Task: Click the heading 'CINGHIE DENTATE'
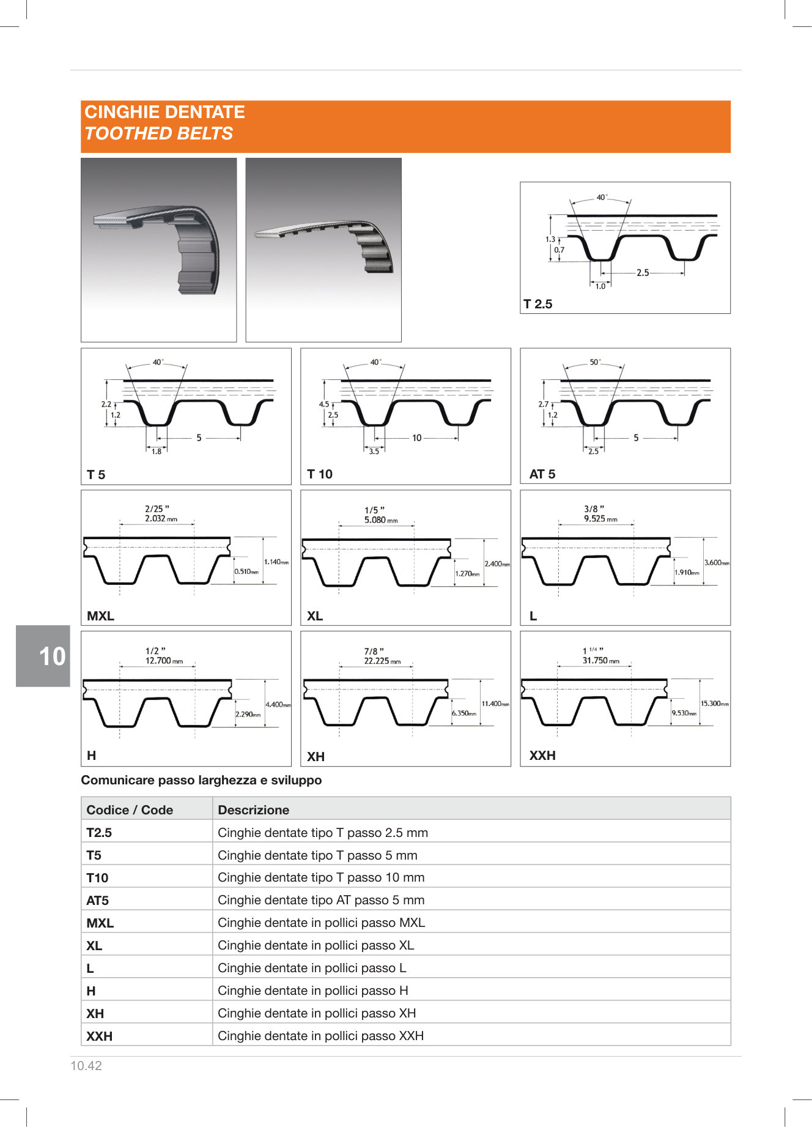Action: pos(164,112)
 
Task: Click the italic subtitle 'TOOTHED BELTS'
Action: pos(159,133)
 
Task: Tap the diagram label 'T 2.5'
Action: pos(538,304)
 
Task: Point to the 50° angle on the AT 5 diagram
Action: pos(594,362)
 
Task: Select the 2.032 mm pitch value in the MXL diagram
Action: pos(161,519)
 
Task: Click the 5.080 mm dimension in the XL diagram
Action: pos(380,520)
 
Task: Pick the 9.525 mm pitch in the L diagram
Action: pos(600,519)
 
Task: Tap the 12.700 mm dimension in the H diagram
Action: pos(163,661)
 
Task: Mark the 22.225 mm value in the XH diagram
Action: pos(382,661)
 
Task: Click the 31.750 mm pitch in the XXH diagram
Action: pos(600,661)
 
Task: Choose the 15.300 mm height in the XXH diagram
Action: pos(714,704)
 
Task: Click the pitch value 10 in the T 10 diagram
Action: pos(416,438)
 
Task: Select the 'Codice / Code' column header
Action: pos(130,810)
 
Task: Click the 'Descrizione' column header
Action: pos(253,810)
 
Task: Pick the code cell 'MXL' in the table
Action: pos(100,923)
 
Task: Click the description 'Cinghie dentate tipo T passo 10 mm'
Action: pos(321,877)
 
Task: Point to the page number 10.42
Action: pos(86,1066)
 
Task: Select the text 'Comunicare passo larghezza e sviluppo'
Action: pos(201,780)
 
